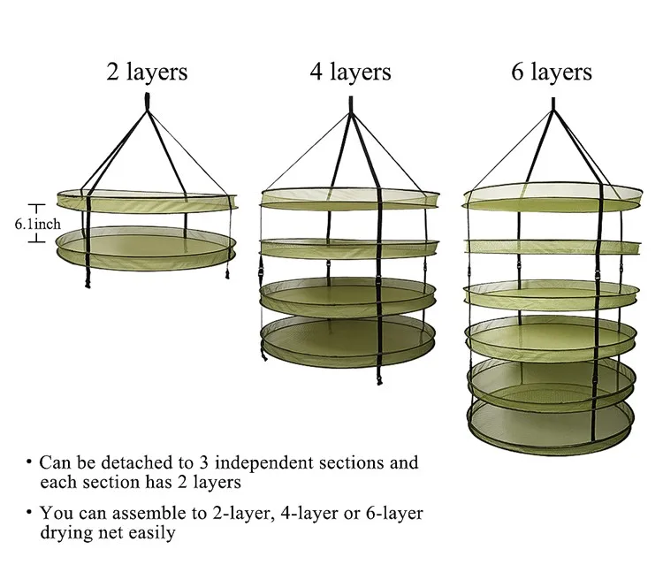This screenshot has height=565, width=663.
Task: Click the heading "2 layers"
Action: pyautogui.click(x=146, y=71)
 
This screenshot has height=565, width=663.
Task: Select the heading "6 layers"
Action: pyautogui.click(x=552, y=71)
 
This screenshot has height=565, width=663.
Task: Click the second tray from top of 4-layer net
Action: pyautogui.click(x=349, y=247)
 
